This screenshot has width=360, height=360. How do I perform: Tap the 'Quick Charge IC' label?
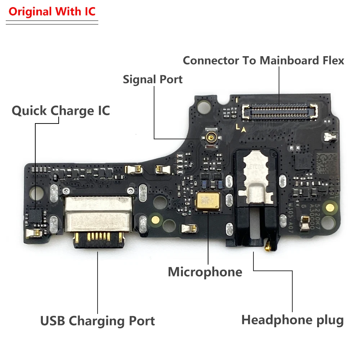pos(60,111)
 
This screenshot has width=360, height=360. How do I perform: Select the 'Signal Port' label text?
pos(153,79)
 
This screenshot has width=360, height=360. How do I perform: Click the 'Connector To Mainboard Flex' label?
pos(263,60)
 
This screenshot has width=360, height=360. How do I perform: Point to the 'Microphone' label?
pos(205,272)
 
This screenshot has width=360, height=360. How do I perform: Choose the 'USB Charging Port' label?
pos(97,320)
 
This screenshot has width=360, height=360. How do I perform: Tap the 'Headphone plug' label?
pos(292,320)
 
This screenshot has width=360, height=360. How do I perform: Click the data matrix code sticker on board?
pos(327,164)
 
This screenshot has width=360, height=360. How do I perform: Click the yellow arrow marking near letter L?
pos(244,130)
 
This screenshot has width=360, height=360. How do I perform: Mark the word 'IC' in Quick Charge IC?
pos(103,111)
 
